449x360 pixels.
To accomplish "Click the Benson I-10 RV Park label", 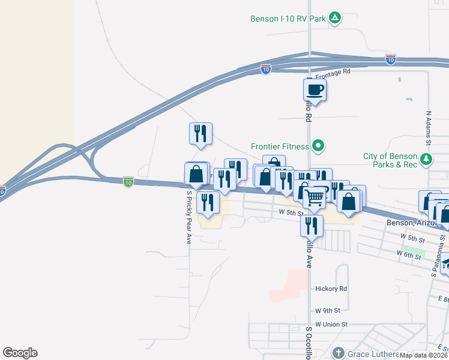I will click(288, 19).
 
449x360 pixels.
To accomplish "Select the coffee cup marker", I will click(315, 91).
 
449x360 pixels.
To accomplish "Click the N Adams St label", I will click(429, 128).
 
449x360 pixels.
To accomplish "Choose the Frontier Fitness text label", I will click(280, 146).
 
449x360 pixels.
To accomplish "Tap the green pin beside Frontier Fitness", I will click(319, 146).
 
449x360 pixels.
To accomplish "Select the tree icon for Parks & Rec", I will click(426, 160).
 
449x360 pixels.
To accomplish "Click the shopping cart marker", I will click(315, 197).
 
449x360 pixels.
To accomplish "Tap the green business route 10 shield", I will click(128, 182).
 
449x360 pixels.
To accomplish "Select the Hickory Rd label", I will click(331, 289).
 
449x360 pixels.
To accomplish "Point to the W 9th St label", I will click(328, 311).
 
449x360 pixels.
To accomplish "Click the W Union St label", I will click(331, 324).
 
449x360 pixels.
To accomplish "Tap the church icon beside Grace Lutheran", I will click(339, 353).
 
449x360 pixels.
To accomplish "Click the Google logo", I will click(20, 353).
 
